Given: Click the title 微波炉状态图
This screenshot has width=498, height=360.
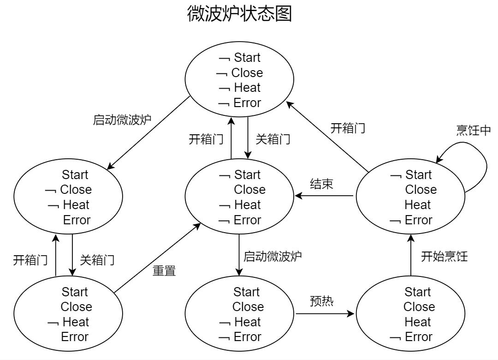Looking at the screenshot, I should [x=239, y=14].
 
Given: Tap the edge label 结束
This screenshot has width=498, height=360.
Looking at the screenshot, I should [x=321, y=183].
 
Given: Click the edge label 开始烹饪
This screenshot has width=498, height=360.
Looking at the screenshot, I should [x=444, y=257].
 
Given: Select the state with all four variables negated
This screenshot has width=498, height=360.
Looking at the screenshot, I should [x=239, y=80].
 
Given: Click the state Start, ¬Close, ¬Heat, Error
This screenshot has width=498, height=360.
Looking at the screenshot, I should [x=68, y=197].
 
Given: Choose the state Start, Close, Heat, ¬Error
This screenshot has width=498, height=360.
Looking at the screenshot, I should [x=410, y=314].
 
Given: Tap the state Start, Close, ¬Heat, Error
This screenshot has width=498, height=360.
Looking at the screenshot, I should [x=68, y=314].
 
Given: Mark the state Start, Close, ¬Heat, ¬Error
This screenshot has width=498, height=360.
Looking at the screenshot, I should [x=239, y=314].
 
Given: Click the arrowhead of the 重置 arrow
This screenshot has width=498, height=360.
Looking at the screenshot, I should [x=198, y=225].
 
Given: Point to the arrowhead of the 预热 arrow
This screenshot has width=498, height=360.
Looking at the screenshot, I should [x=352, y=314].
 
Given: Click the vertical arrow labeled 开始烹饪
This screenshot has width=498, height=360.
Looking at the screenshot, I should [x=410, y=258].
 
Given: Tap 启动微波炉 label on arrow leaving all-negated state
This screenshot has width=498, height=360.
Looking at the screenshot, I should [x=122, y=120].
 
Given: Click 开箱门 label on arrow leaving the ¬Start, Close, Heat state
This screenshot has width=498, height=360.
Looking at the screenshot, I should [x=348, y=128].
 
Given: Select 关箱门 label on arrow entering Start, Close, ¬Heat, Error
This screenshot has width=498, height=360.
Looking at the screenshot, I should [x=97, y=260].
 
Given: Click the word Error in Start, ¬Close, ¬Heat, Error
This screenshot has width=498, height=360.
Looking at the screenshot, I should [x=77, y=220].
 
